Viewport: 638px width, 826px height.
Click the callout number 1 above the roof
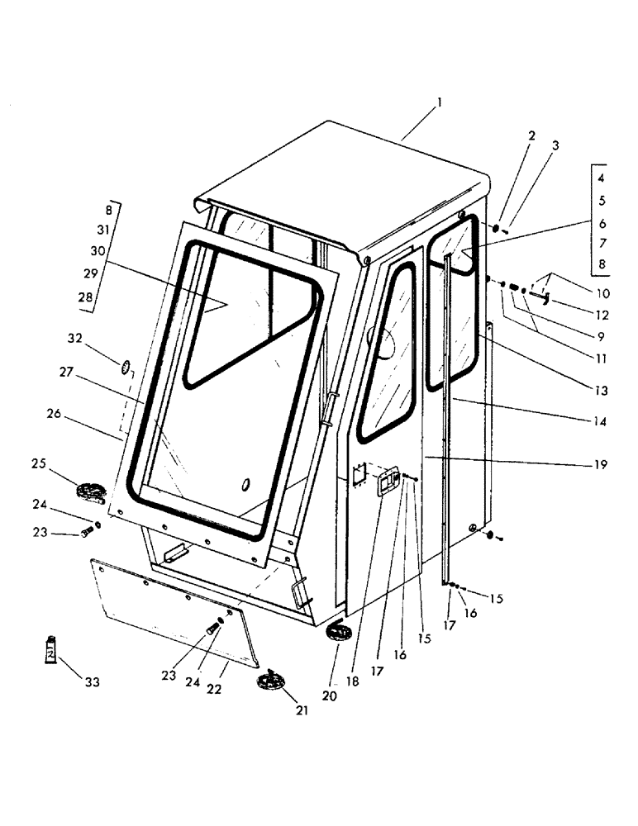coord(440,102)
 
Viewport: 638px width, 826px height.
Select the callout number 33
coord(91,682)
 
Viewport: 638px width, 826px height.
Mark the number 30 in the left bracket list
coord(98,251)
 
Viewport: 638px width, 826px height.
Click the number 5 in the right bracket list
coord(602,200)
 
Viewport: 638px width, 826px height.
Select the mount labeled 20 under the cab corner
coord(340,634)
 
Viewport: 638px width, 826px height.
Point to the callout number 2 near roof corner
coord(531,135)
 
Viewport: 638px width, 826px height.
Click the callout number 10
coord(602,292)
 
